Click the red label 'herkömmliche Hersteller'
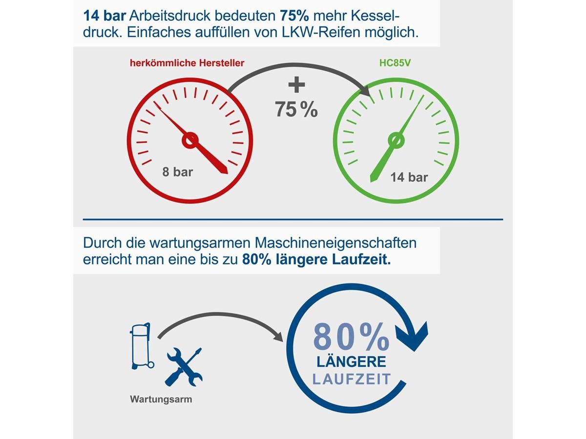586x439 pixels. (x=187, y=63)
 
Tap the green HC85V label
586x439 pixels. (x=395, y=63)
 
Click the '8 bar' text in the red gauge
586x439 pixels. (x=178, y=172)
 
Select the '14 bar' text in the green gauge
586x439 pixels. (x=409, y=177)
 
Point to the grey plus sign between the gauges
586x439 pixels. (x=296, y=85)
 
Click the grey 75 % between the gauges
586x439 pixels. (x=296, y=109)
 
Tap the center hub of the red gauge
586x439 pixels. (x=190, y=140)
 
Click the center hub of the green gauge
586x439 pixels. (x=396, y=140)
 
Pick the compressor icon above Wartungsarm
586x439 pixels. (x=142, y=346)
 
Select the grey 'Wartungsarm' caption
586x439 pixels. (x=161, y=399)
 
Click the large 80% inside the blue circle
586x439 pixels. (x=351, y=337)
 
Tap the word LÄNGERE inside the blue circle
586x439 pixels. (x=351, y=362)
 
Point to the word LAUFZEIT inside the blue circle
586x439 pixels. (x=351, y=379)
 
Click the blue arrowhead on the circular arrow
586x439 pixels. (x=412, y=337)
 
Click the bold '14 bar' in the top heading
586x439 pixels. (x=105, y=16)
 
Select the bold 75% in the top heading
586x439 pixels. (x=294, y=16)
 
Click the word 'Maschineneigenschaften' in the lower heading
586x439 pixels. (x=335, y=243)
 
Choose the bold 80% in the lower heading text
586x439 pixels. (x=256, y=259)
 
